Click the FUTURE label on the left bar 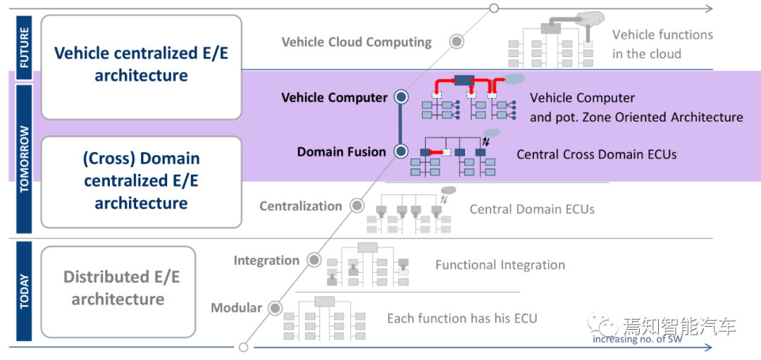coord(25,46)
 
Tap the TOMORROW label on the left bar coord(25,159)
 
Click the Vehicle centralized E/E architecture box coord(141,65)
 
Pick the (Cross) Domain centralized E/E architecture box coord(141,181)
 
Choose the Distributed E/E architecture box coord(118,288)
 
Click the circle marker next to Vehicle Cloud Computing coord(457,42)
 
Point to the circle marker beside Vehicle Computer coord(402,97)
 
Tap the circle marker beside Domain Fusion coord(402,151)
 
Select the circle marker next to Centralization coord(357,206)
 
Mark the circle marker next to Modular coord(276,308)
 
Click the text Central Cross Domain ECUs coord(596,154)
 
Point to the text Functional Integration coord(500,265)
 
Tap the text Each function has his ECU coord(462,318)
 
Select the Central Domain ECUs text coord(532,209)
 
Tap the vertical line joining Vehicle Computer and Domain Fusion coord(402,124)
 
